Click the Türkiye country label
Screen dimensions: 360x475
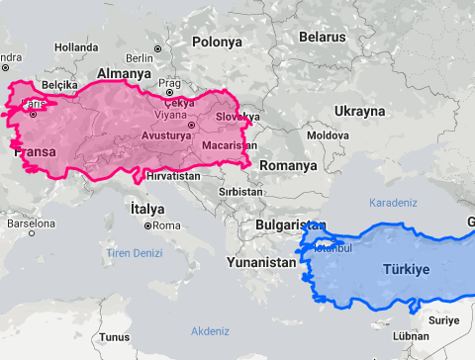coord(407,269)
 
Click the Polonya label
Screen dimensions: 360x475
coord(217,42)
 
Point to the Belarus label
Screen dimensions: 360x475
coord(323,36)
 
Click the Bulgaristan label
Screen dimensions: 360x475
coord(290,225)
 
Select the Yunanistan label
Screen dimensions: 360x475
coord(260,263)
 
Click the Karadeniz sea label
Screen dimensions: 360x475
coord(394,202)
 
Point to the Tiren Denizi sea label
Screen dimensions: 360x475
coord(135,254)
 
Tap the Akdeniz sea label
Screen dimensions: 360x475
coord(210,330)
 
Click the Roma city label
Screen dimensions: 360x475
coord(166,225)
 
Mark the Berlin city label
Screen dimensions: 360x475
coord(140,58)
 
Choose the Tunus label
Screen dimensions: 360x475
coord(114,337)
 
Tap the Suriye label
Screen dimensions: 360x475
coord(445,320)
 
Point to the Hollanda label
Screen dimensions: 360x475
coord(76,46)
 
